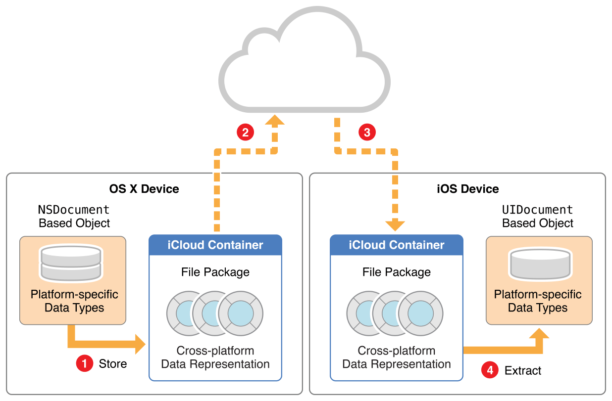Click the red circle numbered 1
click(x=84, y=364)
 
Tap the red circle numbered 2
click(x=245, y=132)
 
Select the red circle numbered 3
click(x=367, y=132)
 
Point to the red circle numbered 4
click(x=490, y=370)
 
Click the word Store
click(x=113, y=364)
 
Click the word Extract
click(x=523, y=370)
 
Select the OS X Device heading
click(x=144, y=189)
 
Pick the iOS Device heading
click(x=468, y=189)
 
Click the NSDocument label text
click(x=74, y=210)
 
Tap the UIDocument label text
click(x=538, y=210)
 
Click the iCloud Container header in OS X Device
click(x=215, y=245)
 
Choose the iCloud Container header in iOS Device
click(x=397, y=245)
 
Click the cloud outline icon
click(x=305, y=59)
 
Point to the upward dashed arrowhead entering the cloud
click(x=274, y=121)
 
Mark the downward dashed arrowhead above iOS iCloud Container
click(x=395, y=225)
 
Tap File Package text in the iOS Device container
click(x=397, y=272)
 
